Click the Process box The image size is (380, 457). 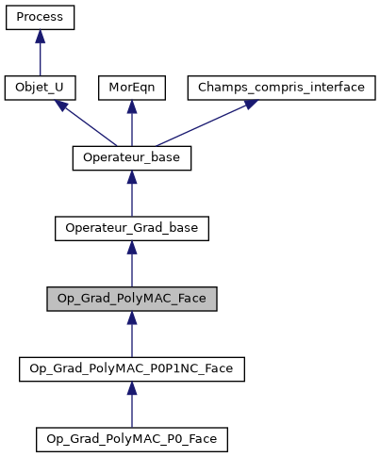(x=40, y=18)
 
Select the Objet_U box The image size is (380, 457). (x=40, y=88)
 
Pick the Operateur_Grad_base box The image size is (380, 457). (x=132, y=228)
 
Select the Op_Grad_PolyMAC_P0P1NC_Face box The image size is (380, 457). (x=132, y=368)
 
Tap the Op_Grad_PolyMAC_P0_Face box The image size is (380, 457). (x=132, y=438)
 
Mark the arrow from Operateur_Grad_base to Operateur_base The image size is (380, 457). (x=132, y=195)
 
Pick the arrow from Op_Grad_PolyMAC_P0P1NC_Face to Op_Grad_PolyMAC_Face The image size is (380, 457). (x=132, y=335)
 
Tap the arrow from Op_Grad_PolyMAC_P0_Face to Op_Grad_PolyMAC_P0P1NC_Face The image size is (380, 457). (x=132, y=405)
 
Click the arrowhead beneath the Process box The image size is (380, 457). (x=40, y=37)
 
